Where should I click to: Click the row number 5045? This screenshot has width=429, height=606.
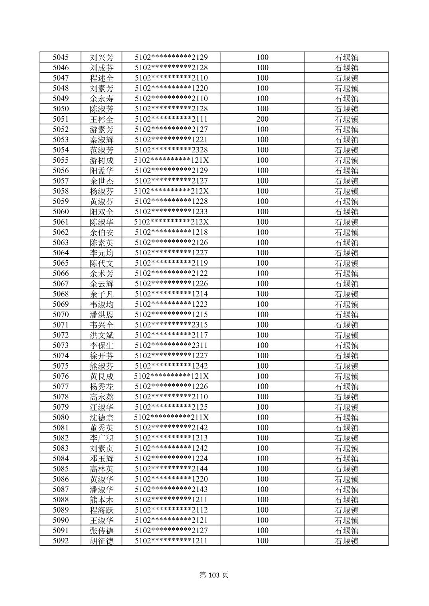click(x=61, y=57)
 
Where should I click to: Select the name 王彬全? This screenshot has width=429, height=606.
click(x=102, y=119)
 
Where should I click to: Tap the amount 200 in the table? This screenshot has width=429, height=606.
click(x=262, y=119)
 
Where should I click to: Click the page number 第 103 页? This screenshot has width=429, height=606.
click(x=214, y=575)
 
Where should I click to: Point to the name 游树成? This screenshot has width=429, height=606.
click(x=102, y=160)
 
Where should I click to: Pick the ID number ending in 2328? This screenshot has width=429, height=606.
click(x=171, y=150)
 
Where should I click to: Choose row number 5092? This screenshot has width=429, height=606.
click(x=61, y=541)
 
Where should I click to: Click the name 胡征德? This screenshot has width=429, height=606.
click(x=102, y=541)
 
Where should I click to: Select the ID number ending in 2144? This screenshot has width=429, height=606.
click(x=171, y=469)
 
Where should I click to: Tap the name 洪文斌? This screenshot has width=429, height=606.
click(x=102, y=335)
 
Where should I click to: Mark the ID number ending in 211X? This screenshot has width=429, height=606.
click(x=171, y=417)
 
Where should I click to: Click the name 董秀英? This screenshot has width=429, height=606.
click(x=102, y=428)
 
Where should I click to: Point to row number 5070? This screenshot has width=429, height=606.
click(x=61, y=314)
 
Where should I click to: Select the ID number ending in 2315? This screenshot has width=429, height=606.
click(x=171, y=325)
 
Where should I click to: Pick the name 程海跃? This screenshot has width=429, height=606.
click(x=102, y=510)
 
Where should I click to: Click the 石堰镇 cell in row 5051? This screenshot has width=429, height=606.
click(x=346, y=119)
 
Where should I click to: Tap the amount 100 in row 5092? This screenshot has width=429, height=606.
click(x=262, y=541)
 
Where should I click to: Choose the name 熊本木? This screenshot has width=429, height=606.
click(x=102, y=499)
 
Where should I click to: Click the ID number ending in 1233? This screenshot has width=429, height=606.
click(x=171, y=212)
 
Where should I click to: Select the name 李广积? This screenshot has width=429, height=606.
click(x=102, y=438)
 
